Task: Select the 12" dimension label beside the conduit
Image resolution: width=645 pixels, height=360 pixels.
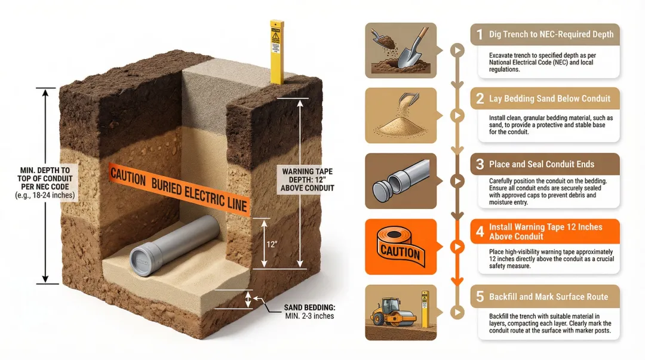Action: [x=272, y=245]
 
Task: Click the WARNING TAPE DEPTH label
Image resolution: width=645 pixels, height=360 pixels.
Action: [x=307, y=179]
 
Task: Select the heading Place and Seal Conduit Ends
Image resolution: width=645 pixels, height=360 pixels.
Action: [x=541, y=164]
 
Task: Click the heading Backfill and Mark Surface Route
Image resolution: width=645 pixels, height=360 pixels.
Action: [x=548, y=297]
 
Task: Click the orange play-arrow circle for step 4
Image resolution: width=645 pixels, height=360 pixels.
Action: [x=457, y=247]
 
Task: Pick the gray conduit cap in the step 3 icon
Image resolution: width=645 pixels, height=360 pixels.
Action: [x=383, y=189]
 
